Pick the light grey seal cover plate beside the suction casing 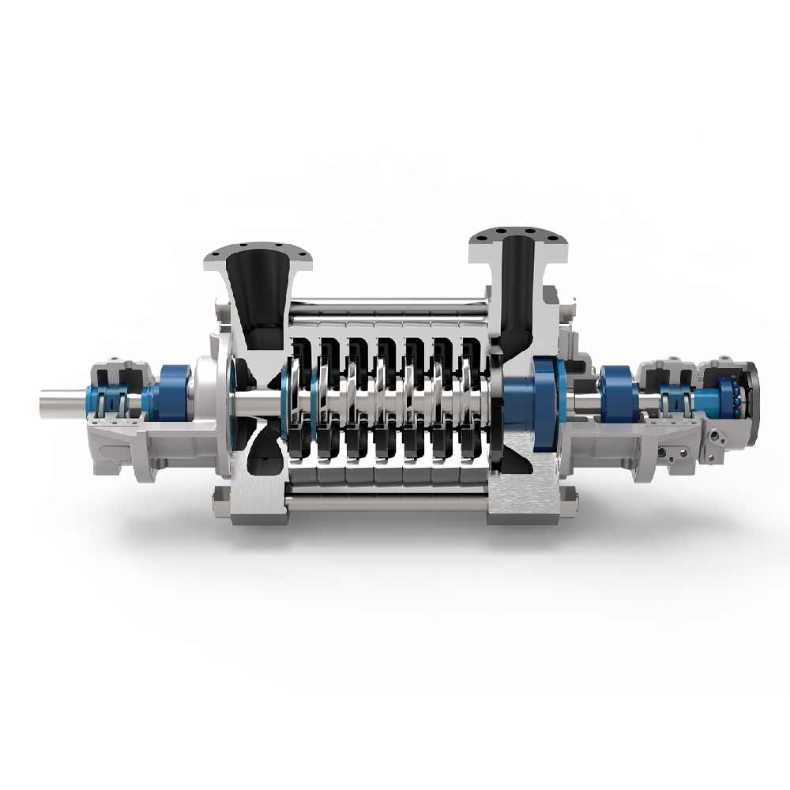[209, 390]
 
